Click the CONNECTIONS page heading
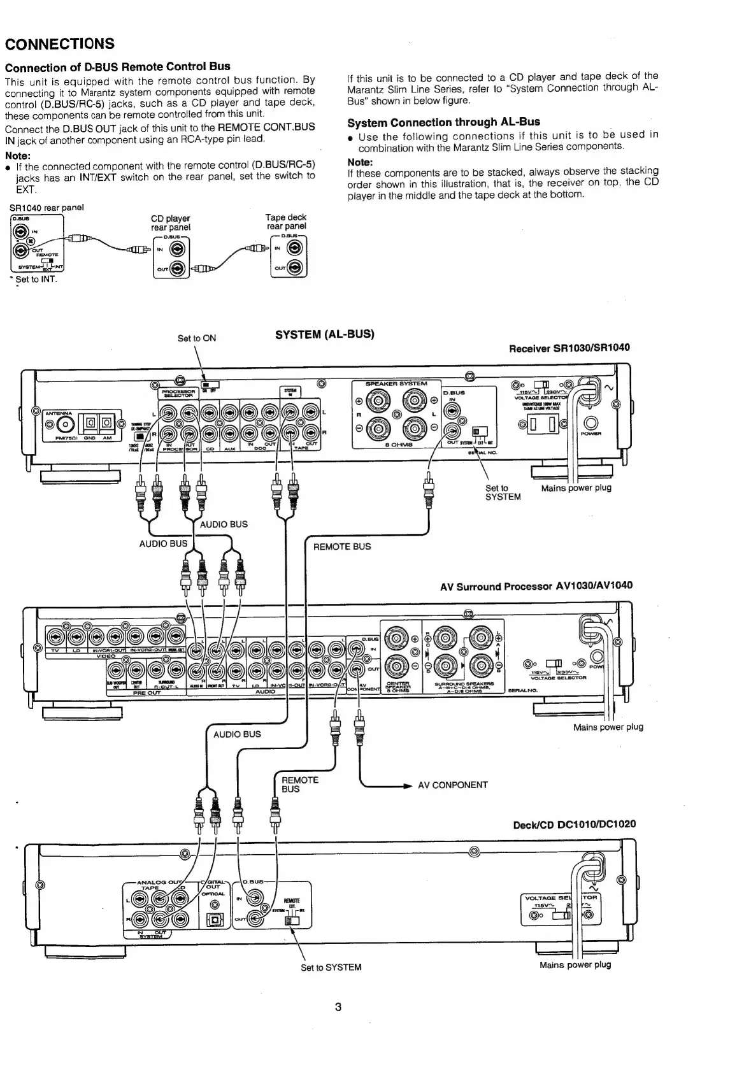point(60,44)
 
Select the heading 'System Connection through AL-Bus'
point(443,122)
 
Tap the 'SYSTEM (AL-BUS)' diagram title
point(324,334)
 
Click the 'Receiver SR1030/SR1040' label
point(569,348)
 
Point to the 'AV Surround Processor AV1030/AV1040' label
point(536,586)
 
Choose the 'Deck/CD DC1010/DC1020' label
point(574,824)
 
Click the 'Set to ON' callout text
point(196,338)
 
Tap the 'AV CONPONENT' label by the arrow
point(452,785)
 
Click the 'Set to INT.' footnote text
point(36,279)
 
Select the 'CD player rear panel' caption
point(170,223)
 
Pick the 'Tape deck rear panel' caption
point(286,222)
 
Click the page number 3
point(338,1007)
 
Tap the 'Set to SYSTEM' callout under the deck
point(331,967)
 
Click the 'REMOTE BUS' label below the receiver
point(341,547)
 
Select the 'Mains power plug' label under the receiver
point(576,488)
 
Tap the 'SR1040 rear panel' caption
point(46,207)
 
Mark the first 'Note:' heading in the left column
point(18,156)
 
